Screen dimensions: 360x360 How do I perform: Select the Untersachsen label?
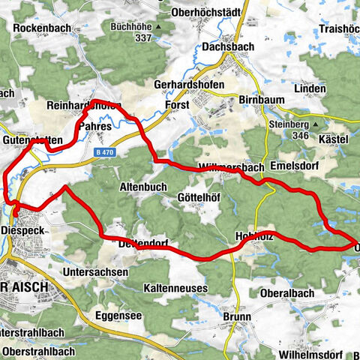tap(92, 272)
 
